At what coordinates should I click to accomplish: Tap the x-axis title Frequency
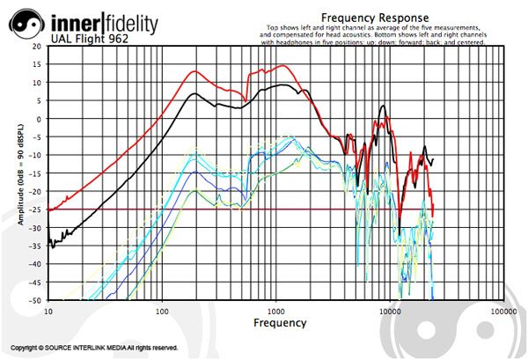tap(280, 323)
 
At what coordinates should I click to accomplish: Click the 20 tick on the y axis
tap(36, 46)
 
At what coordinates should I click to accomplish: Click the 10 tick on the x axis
tap(48, 312)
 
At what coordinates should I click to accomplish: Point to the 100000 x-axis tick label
tap(502, 312)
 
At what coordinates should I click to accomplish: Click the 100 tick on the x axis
tap(162, 312)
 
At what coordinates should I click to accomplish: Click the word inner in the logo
tap(73, 20)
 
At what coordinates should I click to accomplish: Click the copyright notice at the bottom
tap(95, 349)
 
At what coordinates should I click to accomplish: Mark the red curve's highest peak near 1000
tap(282, 66)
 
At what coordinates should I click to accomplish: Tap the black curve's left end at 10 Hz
tap(49, 239)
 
